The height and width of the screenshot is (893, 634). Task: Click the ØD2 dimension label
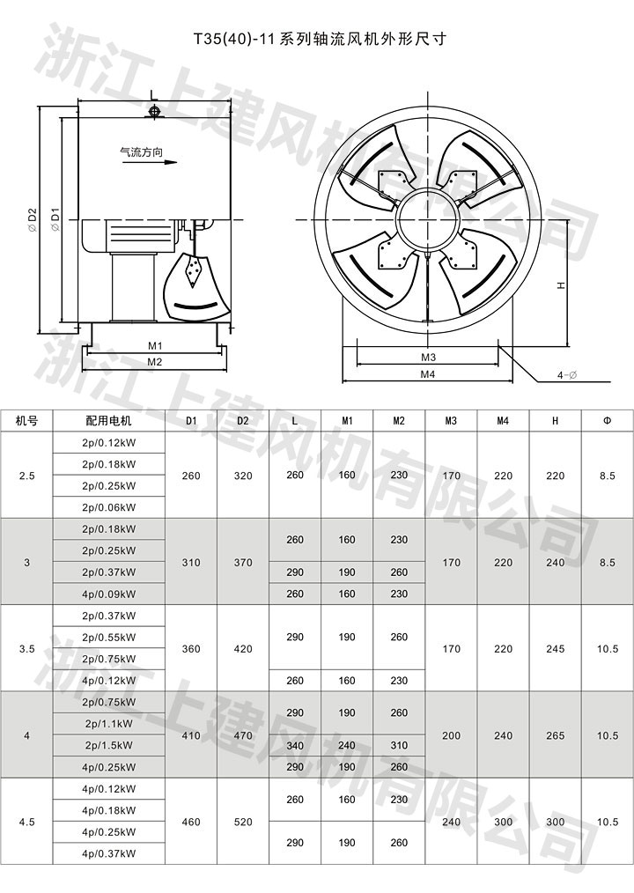(32, 218)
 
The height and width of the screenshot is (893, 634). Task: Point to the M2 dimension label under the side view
(155, 362)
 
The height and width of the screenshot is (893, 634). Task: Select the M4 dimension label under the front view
(428, 374)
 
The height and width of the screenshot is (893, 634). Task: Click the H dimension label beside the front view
(561, 284)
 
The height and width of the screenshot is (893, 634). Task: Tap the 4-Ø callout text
(567, 375)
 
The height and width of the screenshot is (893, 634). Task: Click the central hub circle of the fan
(427, 219)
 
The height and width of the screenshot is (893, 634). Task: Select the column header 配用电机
(109, 421)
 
